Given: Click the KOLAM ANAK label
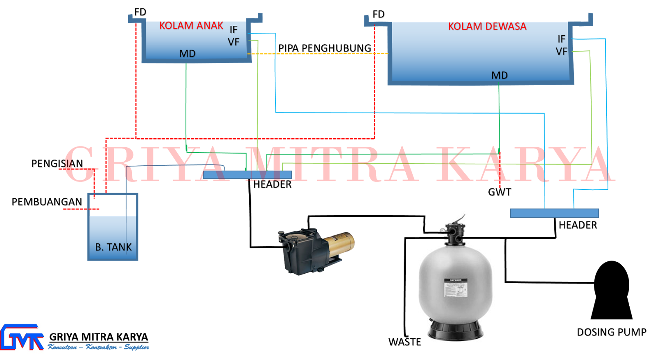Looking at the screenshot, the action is (x=191, y=26).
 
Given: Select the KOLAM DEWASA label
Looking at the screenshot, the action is (x=487, y=27).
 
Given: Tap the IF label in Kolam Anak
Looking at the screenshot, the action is (x=233, y=30).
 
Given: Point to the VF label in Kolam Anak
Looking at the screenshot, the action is (x=233, y=42).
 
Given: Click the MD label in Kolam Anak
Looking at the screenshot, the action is (x=187, y=54).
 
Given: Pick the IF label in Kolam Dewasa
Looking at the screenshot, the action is (x=561, y=39).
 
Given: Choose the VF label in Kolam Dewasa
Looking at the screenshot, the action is (x=561, y=52).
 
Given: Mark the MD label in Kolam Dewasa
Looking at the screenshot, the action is (x=499, y=75).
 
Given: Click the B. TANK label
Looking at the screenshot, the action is (x=113, y=247).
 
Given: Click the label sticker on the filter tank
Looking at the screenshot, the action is (x=455, y=293).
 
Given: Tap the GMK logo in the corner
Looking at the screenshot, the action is (x=22, y=337).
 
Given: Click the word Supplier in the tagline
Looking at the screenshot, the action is (x=136, y=347).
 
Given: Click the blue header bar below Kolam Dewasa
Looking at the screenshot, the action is (x=554, y=213).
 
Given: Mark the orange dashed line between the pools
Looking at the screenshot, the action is (x=319, y=54).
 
